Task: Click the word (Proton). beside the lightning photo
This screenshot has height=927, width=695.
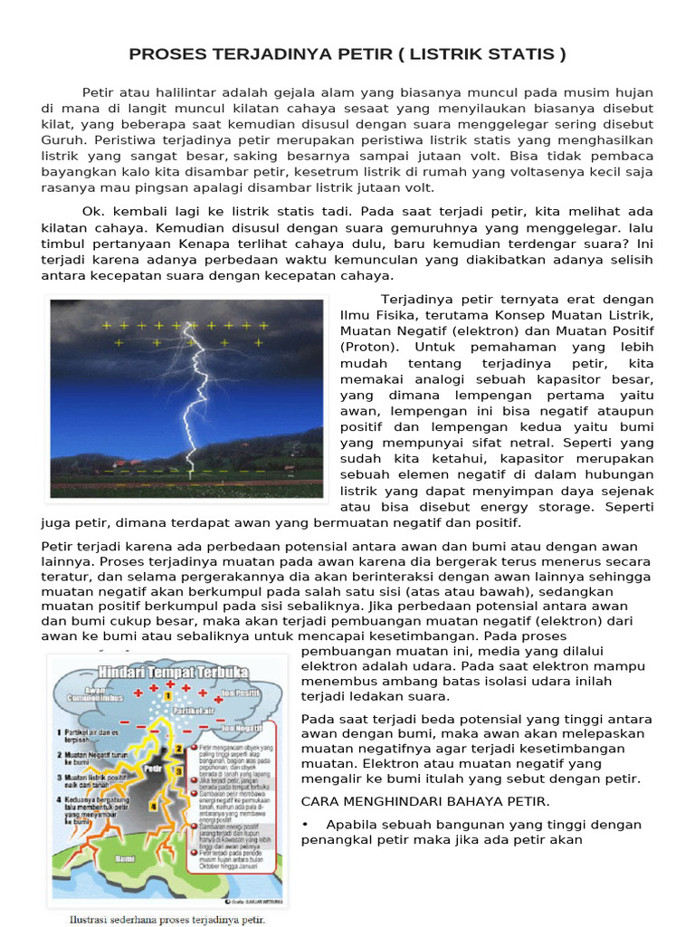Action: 367,347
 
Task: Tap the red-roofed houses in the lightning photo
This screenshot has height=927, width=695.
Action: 289,468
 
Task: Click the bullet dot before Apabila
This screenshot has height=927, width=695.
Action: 307,825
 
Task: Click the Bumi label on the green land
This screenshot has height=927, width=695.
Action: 126,855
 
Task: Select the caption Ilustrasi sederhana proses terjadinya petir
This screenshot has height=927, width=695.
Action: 167,920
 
